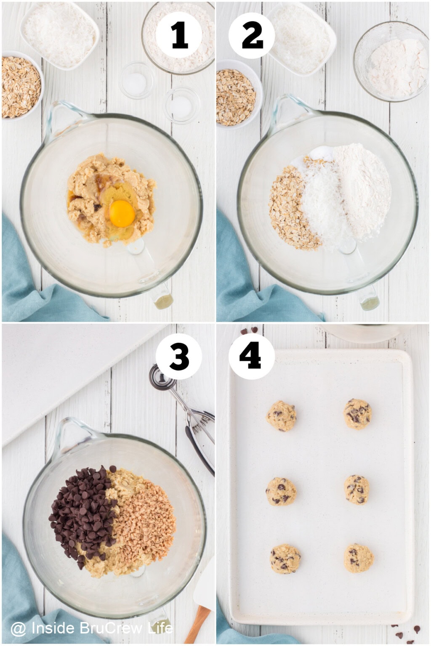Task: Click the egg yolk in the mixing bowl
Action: pyautogui.click(x=122, y=213)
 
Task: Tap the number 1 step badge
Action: pyautogui.click(x=179, y=35)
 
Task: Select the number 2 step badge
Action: pyautogui.click(x=252, y=35)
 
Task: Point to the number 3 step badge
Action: pyautogui.click(x=179, y=357)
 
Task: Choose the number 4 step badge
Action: pyautogui.click(x=252, y=357)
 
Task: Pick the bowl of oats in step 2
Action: pyautogui.click(x=235, y=97)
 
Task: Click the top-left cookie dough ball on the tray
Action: pyautogui.click(x=282, y=416)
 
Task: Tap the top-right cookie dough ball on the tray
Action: pyautogui.click(x=358, y=413)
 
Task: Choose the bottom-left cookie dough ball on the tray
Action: pyautogui.click(x=285, y=559)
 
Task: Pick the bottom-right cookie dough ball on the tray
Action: pyautogui.click(x=359, y=558)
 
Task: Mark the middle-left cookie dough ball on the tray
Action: pyautogui.click(x=281, y=491)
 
